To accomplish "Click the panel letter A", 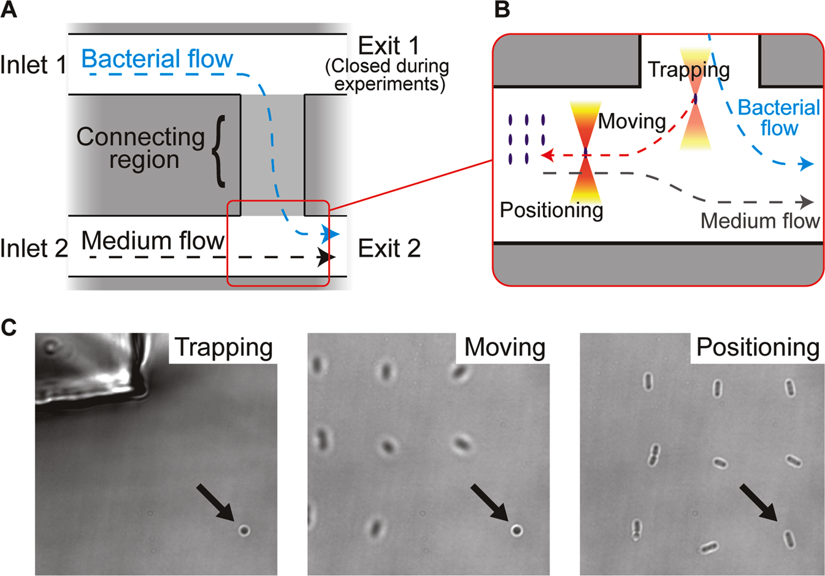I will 9,10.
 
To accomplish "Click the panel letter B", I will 502,10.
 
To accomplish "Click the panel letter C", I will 9,327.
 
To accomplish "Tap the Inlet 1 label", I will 33,64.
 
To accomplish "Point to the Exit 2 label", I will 389,248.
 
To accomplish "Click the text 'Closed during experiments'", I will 387,74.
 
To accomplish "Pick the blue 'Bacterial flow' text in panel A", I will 157,59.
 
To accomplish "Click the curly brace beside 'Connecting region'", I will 218,150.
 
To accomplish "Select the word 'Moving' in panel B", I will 632,121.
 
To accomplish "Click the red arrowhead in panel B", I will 547,156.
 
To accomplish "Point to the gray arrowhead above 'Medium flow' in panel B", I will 807,202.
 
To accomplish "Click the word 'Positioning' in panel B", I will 551,210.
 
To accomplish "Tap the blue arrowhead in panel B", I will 807,164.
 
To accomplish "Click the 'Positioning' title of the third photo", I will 758,348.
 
